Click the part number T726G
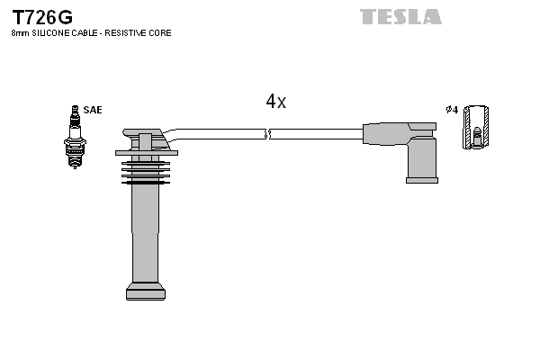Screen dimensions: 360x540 (x=41, y=16)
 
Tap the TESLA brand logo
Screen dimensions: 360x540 (x=400, y=16)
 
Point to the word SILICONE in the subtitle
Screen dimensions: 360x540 (x=49, y=33)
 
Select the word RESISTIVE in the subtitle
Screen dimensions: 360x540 (x=128, y=33)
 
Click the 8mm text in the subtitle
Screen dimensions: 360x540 (x=19, y=33)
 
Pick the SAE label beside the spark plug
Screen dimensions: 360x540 (x=93, y=110)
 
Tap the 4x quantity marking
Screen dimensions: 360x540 (x=275, y=102)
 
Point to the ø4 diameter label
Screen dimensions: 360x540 (x=452, y=110)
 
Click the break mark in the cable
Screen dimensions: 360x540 (x=268, y=134)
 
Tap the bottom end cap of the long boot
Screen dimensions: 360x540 (x=146, y=291)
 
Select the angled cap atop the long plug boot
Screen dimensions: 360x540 (x=146, y=140)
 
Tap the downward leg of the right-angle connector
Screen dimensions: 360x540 (x=421, y=159)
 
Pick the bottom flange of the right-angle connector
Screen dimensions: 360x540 (x=421, y=179)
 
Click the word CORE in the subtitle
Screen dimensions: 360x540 (x=159, y=33)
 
